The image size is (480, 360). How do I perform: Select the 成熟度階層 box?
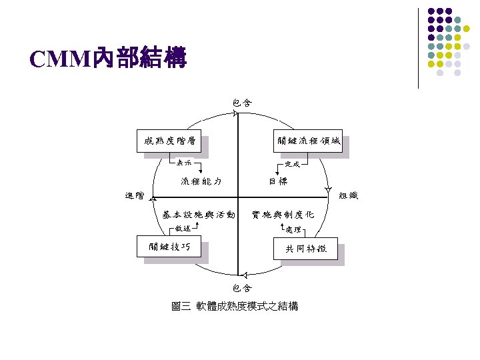pyautogui.click(x=169, y=141)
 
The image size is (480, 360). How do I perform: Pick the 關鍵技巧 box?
pyautogui.click(x=169, y=247)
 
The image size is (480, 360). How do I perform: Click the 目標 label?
pyautogui.click(x=279, y=181)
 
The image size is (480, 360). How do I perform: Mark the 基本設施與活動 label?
pyautogui.click(x=199, y=215)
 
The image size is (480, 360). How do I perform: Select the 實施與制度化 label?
pyautogui.click(x=283, y=215)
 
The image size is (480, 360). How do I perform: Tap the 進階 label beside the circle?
pyautogui.click(x=135, y=195)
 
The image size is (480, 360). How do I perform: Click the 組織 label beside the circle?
pyautogui.click(x=349, y=195)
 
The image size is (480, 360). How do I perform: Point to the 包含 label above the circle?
pyautogui.click(x=242, y=103)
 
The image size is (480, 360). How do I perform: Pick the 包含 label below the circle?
pyautogui.click(x=242, y=288)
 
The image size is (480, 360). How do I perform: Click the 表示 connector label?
pyautogui.click(x=183, y=162)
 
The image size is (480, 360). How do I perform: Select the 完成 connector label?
pyautogui.click(x=292, y=163)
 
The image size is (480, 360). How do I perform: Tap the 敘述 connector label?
pyautogui.click(x=183, y=229)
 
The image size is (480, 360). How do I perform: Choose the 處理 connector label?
pyautogui.click(x=293, y=229)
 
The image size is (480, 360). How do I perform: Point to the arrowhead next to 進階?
pyautogui.click(x=153, y=198)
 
